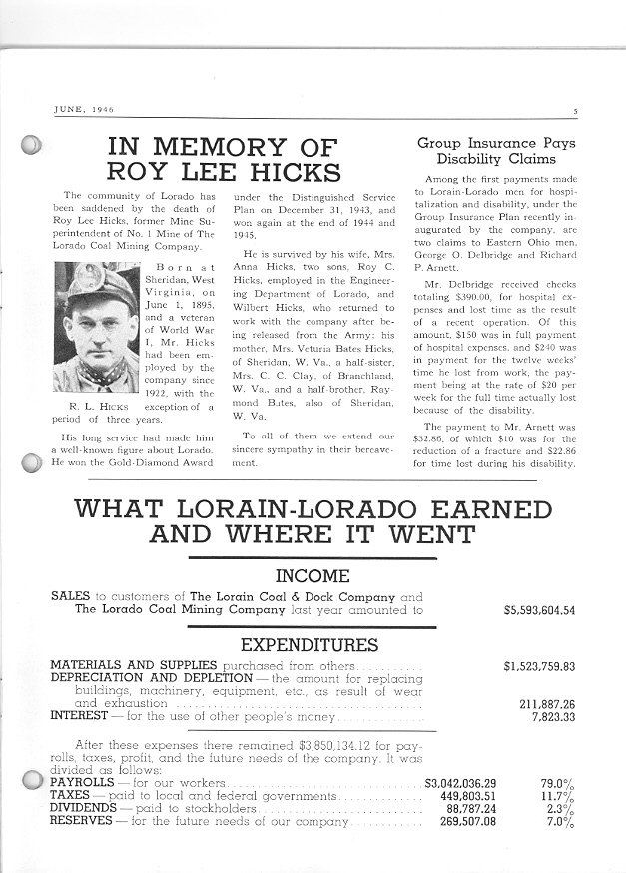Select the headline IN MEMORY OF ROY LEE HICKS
pos(224,159)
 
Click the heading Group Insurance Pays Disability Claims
pos(495,151)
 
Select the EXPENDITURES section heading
pos(309,645)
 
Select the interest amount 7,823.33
pos(553,716)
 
